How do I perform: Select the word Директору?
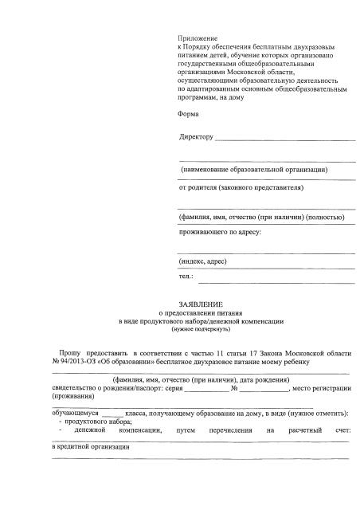197,138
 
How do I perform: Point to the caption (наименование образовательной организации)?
255,171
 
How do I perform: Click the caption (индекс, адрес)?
204,261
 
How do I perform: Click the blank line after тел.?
276,280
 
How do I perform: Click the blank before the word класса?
113,415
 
